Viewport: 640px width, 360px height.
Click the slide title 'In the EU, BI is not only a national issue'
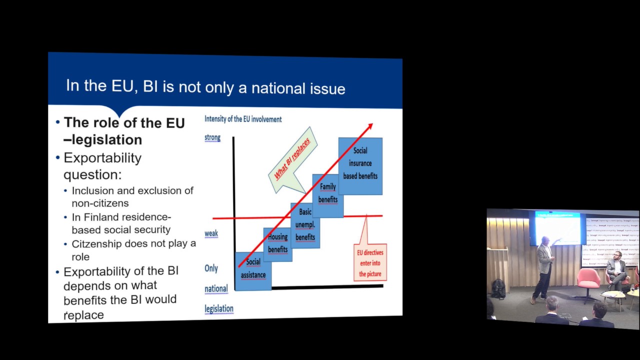(205, 87)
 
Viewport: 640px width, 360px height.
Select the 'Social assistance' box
(253, 270)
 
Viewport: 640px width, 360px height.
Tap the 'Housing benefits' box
(277, 243)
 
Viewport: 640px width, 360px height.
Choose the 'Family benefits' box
(327, 193)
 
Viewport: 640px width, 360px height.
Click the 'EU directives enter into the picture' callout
(369, 262)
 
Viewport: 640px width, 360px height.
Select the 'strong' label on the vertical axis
(212, 137)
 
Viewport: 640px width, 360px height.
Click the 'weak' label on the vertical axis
(211, 233)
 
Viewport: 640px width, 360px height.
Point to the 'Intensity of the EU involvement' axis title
(243, 119)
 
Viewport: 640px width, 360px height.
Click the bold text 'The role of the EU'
(124, 123)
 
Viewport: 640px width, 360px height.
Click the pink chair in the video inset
(588, 280)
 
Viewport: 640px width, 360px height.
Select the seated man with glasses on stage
(616, 270)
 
